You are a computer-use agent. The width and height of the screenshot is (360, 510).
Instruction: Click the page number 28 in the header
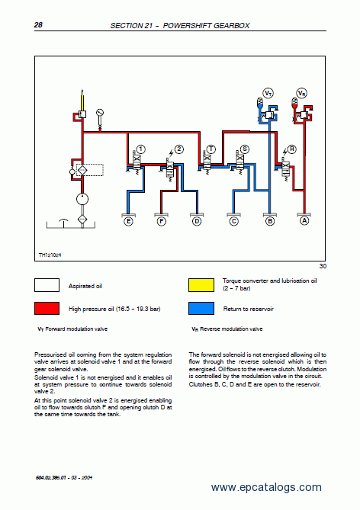coord(38,24)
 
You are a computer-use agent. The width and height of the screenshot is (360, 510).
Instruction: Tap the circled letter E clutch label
coord(129,222)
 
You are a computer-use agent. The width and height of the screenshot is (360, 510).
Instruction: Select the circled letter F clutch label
coord(162,222)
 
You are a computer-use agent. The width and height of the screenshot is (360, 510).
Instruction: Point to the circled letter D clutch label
coord(197,222)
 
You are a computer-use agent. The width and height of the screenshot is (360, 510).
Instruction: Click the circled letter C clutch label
coord(233,222)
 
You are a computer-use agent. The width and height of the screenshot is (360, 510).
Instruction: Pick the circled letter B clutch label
coord(270,222)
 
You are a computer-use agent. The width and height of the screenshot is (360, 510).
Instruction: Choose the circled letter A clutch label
coord(304,220)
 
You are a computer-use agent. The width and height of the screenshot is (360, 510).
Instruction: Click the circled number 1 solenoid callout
coord(140,149)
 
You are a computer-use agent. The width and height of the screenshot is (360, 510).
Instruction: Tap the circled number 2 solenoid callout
coord(179,149)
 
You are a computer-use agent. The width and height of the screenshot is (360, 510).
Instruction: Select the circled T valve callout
coord(211,149)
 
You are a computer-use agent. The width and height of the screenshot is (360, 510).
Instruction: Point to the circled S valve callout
coord(244,149)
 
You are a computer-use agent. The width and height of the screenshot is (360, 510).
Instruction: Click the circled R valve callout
coord(291,149)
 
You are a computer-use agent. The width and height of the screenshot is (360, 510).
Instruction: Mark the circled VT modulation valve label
coord(268,93)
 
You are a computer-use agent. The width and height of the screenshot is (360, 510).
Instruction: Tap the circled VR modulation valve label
coord(302,93)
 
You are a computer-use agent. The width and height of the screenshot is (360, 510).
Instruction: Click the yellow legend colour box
coord(201,285)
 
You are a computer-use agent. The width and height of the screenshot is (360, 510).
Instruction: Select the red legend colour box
coord(47,308)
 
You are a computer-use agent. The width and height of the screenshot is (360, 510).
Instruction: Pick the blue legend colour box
coord(201,308)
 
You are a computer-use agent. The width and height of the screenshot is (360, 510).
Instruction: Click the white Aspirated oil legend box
coord(47,285)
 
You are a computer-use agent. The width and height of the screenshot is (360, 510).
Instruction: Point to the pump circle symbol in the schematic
coord(82,199)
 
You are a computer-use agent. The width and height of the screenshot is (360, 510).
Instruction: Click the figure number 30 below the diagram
coord(323,266)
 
